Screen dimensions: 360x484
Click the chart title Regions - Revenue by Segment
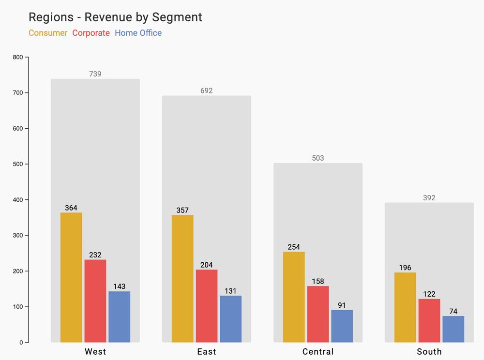tap(115, 17)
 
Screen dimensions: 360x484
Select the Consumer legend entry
tap(48, 33)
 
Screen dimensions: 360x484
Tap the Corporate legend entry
tap(91, 33)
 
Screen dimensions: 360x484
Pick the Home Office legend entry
tap(138, 33)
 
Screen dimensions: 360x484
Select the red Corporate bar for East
tap(207, 306)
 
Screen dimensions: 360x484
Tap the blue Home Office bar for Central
tap(342, 326)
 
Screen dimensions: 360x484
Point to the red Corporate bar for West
tap(95, 301)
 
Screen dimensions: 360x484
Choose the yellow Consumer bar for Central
tap(294, 297)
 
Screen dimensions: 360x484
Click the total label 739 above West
tap(95, 74)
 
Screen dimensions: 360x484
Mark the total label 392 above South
tap(429, 198)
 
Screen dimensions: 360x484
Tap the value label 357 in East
tap(182, 210)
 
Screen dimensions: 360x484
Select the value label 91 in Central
tap(342, 305)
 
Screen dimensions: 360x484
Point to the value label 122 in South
tap(429, 294)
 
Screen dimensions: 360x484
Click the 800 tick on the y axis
tap(18, 57)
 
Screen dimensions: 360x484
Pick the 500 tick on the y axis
tap(18, 164)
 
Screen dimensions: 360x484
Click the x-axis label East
tap(207, 351)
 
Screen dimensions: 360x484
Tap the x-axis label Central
tap(318, 351)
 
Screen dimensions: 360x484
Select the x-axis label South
tap(429, 351)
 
